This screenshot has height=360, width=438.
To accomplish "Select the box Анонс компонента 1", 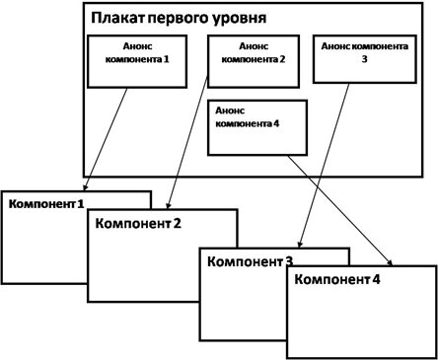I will [131, 61].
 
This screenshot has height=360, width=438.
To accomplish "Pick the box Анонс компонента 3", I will [352, 59].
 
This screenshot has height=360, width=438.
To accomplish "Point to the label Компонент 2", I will [138, 223].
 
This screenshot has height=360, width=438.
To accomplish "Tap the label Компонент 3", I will [247, 261].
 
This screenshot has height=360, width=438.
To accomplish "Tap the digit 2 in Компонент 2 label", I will [177, 223].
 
